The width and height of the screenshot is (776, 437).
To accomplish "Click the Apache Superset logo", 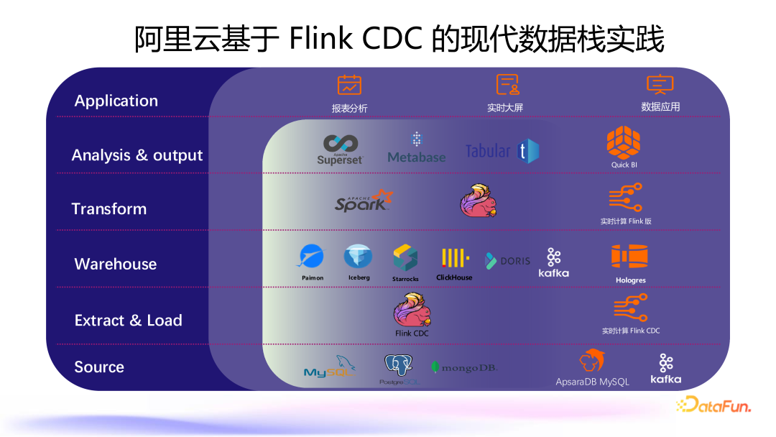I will [x=341, y=149].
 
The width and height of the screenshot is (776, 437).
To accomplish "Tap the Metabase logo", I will [x=416, y=148].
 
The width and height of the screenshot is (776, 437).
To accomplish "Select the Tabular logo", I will [x=502, y=151].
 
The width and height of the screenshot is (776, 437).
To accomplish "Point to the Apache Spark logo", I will [x=364, y=201].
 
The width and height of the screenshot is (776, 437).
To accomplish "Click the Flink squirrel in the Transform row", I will [x=479, y=201].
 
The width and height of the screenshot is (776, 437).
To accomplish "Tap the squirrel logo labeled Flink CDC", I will [x=412, y=310].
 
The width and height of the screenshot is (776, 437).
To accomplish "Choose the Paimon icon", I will [x=312, y=257].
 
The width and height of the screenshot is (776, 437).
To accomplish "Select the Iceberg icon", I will [x=358, y=257].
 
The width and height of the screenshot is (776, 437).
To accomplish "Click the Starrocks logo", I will [x=405, y=258].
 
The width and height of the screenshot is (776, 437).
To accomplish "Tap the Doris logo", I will [x=508, y=260].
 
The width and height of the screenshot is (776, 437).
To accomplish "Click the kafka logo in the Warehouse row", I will [x=554, y=262].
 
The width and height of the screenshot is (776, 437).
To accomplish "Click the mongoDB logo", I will [x=464, y=367].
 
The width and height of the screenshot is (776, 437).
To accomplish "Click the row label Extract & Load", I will [x=128, y=321].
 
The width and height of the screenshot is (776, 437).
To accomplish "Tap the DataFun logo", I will [x=713, y=406].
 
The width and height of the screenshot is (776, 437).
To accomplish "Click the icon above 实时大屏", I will [x=507, y=85].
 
